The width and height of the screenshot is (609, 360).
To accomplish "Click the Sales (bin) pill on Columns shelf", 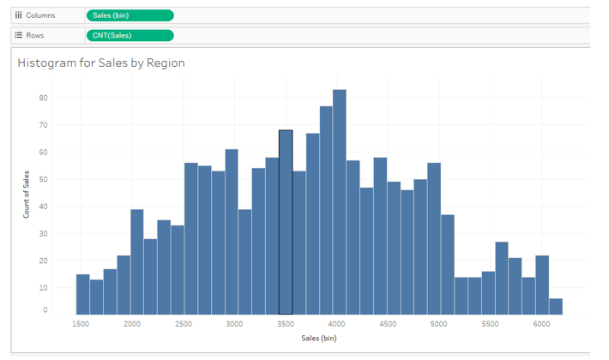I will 130,15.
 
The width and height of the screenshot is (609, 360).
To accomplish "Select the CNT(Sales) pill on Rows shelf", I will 130,35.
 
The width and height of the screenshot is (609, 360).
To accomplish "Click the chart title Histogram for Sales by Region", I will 101,63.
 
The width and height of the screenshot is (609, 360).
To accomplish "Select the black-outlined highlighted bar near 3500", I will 286,223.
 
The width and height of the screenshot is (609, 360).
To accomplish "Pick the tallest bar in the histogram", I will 340,201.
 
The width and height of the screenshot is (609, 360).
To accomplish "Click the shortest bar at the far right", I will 556,306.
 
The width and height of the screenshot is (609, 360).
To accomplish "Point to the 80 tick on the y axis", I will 43,98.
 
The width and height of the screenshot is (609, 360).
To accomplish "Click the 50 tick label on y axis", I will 43,179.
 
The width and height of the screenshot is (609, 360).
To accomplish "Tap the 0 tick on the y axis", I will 45,310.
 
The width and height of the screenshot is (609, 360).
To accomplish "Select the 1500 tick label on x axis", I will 81,324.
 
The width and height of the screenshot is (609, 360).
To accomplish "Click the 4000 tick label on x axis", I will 336,324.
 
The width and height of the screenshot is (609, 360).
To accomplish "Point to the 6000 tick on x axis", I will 541,324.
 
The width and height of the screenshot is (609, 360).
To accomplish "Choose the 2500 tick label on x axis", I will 184,324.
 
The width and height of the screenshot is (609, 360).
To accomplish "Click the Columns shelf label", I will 37,15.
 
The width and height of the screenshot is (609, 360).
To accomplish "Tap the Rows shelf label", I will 34,35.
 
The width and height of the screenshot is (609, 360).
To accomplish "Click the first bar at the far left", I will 82,294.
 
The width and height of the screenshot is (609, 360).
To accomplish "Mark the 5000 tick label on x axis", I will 439,324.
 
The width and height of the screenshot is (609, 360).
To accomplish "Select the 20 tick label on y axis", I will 43,260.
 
